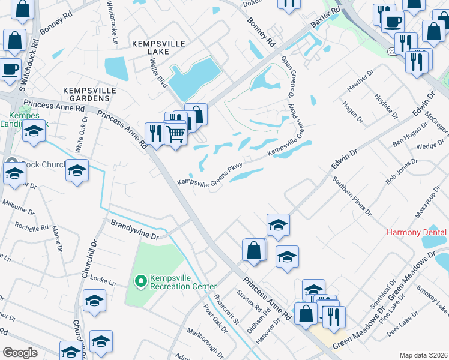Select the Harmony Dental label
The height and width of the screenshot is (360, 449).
point(417,232)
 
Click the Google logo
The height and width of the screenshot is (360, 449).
point(20,353)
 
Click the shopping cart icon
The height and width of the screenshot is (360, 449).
point(175,134)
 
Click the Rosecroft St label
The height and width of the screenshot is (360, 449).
point(228,308)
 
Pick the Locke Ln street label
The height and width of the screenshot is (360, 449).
point(103,280)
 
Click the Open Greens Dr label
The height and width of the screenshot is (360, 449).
point(286,77)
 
